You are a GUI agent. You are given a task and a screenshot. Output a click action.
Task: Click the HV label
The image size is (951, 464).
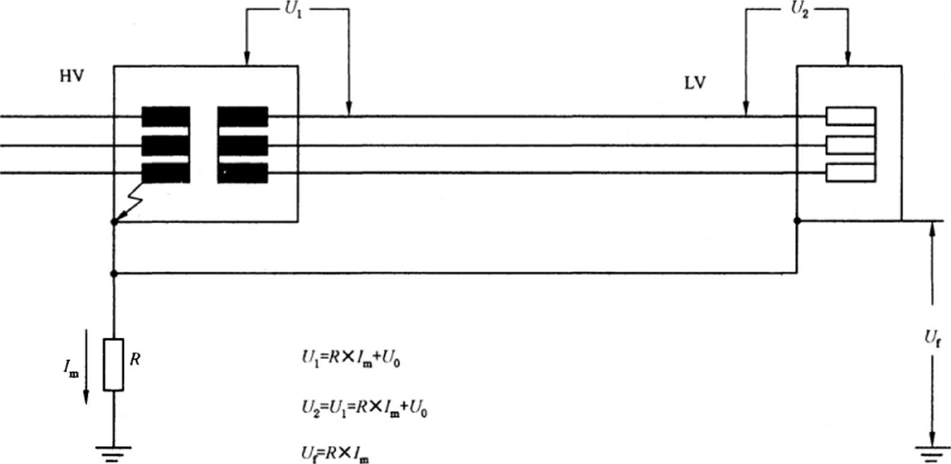[x=72, y=76]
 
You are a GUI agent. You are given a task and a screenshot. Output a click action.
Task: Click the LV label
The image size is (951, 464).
[x=695, y=83]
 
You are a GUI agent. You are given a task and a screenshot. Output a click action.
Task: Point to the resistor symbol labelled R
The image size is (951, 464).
[x=113, y=364]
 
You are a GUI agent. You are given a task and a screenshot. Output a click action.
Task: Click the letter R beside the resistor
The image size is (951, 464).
[x=135, y=359]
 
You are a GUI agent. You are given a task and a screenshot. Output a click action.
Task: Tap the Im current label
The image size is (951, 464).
[x=71, y=367]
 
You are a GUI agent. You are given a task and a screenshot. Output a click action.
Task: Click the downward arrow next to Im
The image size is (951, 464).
[x=86, y=367]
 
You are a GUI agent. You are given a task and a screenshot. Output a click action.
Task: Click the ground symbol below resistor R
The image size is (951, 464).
[x=113, y=454]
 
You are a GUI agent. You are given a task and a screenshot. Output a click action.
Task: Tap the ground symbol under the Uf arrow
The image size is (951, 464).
[x=932, y=454]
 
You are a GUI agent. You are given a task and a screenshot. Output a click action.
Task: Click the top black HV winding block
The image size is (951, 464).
[x=165, y=117]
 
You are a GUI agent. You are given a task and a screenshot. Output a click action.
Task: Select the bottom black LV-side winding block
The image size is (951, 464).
[x=242, y=173]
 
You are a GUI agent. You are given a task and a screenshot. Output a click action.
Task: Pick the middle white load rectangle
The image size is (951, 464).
[x=851, y=145]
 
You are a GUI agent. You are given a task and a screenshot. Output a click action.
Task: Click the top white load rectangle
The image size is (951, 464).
[x=851, y=116]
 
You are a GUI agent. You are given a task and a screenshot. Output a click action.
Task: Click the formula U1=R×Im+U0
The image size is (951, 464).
[x=351, y=359]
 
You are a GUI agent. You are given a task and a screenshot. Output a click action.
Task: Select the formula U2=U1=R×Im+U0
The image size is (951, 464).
[x=365, y=409]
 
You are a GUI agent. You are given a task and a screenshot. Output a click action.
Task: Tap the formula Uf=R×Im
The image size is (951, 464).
[x=335, y=454]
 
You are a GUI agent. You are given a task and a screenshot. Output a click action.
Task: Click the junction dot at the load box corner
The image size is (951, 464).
[x=797, y=221]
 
